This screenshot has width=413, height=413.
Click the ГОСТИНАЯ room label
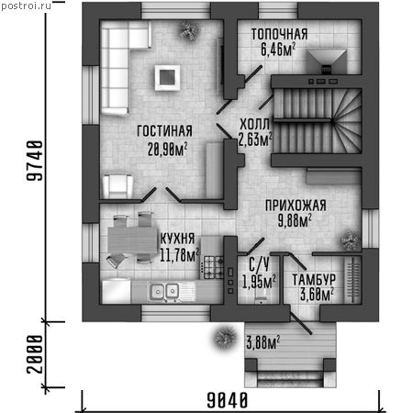pos(164,131)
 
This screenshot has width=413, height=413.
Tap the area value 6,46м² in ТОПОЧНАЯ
pos(278,50)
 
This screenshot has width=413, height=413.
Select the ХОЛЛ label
pos(254,124)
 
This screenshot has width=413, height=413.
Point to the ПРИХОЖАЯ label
pos(296,206)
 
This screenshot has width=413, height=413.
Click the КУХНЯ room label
pos(177,239)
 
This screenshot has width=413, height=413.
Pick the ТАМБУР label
pos(314,280)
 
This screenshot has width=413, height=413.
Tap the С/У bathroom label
pos(259,265)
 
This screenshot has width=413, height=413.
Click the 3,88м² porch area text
pos(263,342)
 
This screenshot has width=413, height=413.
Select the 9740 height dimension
pos(34,161)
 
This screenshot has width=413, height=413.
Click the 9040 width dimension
pos(228,400)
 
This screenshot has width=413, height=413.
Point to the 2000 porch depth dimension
pos(34,355)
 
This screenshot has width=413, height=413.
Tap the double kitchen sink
pos(165,291)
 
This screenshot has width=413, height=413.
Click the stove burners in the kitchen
pos(213,267)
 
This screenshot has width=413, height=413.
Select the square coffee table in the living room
pos(167,77)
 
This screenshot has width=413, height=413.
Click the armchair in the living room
pos(117,186)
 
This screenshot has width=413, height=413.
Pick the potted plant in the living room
pos(189,30)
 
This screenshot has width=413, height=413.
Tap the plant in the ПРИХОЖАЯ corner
pos(351,240)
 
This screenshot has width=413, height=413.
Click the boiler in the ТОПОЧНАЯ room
pos(327,61)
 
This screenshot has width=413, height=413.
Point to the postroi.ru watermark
pos(27,6)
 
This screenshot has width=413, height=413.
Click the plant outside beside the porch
pos(226,338)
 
